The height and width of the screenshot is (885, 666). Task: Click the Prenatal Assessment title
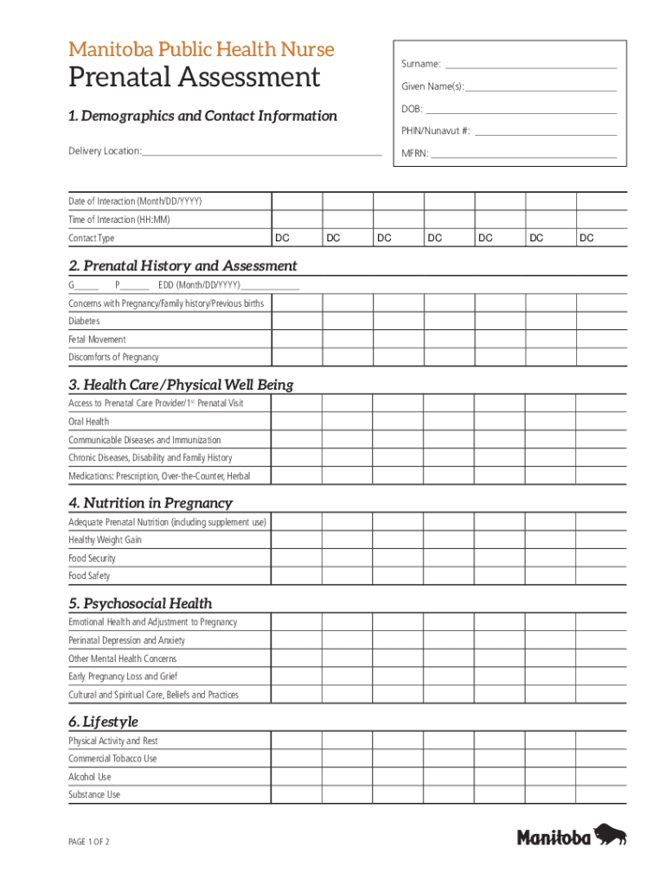194,78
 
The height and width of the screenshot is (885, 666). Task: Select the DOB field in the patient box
522,110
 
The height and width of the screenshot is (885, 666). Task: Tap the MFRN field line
524,155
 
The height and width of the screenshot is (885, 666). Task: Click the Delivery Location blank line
262,152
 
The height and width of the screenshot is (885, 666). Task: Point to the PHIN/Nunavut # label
435,131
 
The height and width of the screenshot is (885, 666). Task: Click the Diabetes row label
85,322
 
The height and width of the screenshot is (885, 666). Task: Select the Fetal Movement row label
97,340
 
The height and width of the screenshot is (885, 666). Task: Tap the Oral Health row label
89,422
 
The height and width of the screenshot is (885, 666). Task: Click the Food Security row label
92,558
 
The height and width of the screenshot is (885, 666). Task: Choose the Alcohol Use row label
90,777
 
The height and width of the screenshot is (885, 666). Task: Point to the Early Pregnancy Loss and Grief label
123,677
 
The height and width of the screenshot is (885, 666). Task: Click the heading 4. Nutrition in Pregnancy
150,503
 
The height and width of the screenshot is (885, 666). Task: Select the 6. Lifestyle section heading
103,722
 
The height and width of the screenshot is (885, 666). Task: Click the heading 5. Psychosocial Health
140,603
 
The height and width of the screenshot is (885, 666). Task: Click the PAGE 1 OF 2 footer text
89,842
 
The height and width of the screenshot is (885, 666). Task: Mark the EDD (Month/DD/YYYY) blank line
271,287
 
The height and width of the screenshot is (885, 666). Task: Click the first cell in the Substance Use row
297,795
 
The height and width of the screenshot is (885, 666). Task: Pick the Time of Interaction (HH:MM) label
119,220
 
